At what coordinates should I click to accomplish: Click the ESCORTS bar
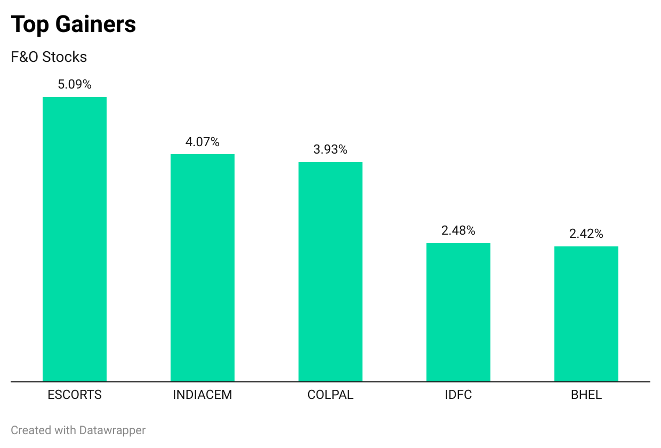pos(75,239)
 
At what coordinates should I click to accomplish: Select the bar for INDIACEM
pos(203,268)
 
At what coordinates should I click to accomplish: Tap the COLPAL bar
pos(330,271)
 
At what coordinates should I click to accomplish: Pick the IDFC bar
pos(458,313)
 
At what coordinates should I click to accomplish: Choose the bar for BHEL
pos(586,314)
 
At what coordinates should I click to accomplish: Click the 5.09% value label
pos(75,84)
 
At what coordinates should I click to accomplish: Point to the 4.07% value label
pos(203,142)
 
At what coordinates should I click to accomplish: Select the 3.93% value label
pos(330,149)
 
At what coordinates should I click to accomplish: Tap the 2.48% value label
pos(458,230)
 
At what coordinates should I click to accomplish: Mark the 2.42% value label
pos(586,234)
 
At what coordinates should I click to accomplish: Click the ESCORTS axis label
pos(75,395)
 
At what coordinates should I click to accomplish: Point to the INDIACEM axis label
pos(203,395)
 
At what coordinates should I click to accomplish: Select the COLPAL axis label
pos(330,395)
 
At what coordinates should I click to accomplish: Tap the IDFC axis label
pos(458,395)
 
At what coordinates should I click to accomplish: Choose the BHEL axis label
pos(586,395)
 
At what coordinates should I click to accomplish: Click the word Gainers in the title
pos(95,24)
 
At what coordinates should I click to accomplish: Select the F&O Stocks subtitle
pos(49,57)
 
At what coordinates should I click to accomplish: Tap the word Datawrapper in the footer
pos(112,430)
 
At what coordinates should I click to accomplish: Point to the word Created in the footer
pos(31,430)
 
